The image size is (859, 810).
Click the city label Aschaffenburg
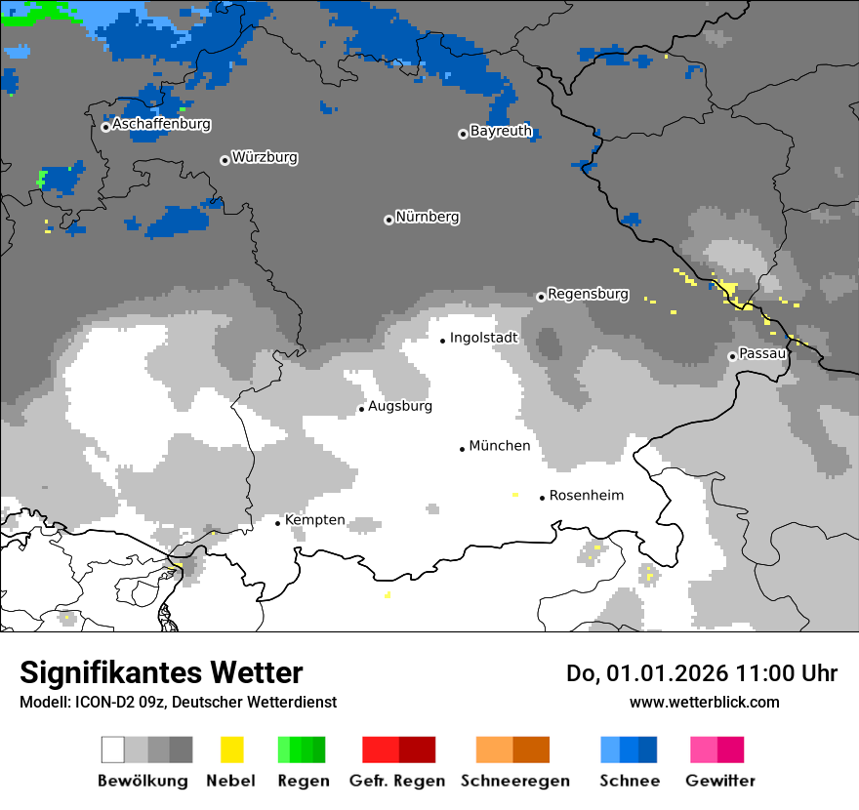pyautogui.click(x=161, y=125)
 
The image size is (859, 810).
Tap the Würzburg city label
pyautogui.click(x=265, y=157)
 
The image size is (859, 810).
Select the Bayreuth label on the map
pyautogui.click(x=501, y=131)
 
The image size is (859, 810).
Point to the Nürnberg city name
pyautogui.click(x=428, y=218)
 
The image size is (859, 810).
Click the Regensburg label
pyautogui.click(x=588, y=294)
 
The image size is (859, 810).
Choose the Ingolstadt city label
pyautogui.click(x=484, y=338)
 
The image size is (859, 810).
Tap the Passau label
pyautogui.click(x=762, y=353)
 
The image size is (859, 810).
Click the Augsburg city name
pyautogui.click(x=400, y=406)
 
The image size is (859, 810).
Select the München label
pyautogui.click(x=500, y=446)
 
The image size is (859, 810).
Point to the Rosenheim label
pyautogui.click(x=586, y=496)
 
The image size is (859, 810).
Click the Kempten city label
pyautogui.click(x=314, y=520)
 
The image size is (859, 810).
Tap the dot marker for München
pyautogui.click(x=463, y=449)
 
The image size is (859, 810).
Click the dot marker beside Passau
pyautogui.click(x=732, y=356)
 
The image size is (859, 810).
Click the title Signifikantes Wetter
pyautogui.click(x=161, y=673)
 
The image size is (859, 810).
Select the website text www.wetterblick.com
pyautogui.click(x=704, y=702)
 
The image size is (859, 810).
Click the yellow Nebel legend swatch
pyautogui.click(x=232, y=749)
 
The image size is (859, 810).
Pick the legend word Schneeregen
pyautogui.click(x=515, y=781)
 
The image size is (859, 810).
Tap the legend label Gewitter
pyautogui.click(x=720, y=781)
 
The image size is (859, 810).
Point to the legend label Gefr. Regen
pyautogui.click(x=397, y=781)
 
